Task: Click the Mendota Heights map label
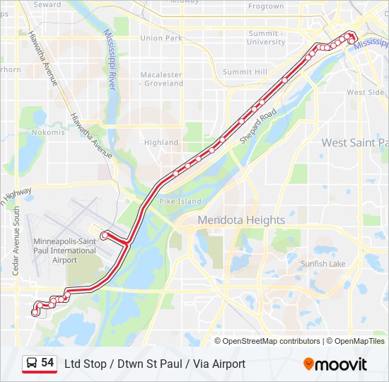[241, 220]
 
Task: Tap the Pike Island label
[180, 202]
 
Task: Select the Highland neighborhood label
[161, 142]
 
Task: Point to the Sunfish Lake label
[323, 264]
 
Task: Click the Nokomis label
[48, 132]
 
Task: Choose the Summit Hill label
[245, 72]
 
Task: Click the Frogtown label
[266, 6]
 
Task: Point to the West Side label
[366, 93]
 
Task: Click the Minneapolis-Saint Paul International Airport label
[64, 250]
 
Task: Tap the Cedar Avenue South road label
[16, 241]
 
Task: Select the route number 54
[47, 363]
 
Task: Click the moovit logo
[335, 364]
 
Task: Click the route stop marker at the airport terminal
[104, 235]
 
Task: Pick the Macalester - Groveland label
[161, 79]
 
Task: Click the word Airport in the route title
[228, 364]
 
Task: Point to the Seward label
[47, 4]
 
